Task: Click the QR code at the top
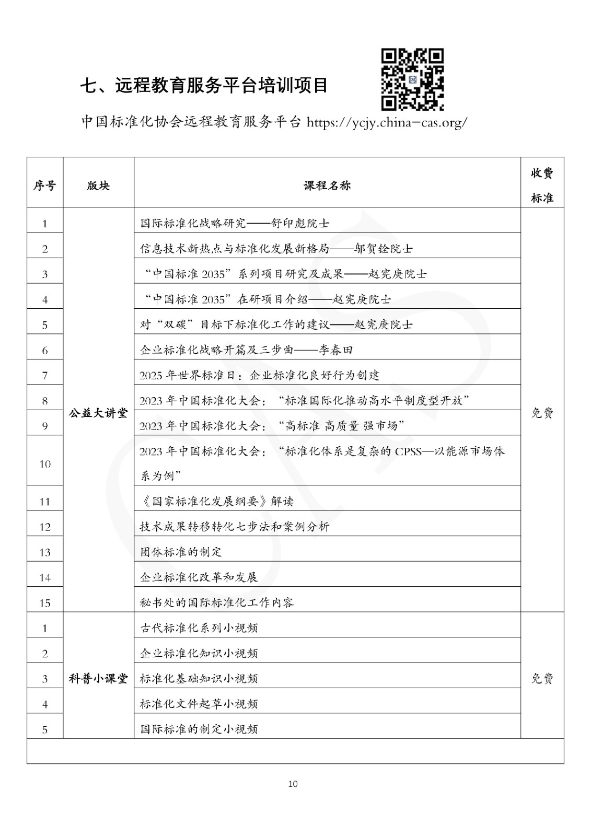click(x=412, y=79)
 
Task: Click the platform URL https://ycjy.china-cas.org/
click(x=387, y=123)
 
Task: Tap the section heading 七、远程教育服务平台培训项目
click(x=204, y=85)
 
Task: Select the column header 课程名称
click(x=327, y=185)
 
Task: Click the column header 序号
click(x=45, y=185)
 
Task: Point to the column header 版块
click(x=98, y=185)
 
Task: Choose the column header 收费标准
click(x=542, y=185)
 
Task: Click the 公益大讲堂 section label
click(x=98, y=413)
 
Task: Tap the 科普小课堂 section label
click(x=98, y=679)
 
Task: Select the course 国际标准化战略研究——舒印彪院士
click(x=235, y=224)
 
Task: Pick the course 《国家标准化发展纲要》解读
click(x=217, y=502)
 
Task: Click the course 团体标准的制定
click(x=181, y=552)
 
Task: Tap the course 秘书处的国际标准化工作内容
click(x=217, y=602)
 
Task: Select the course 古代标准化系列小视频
click(x=199, y=628)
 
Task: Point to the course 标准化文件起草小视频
click(x=199, y=704)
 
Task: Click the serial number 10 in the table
click(x=45, y=463)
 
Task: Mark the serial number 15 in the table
click(x=45, y=603)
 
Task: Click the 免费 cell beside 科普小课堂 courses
click(x=542, y=679)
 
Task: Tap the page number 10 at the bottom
click(x=293, y=784)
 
